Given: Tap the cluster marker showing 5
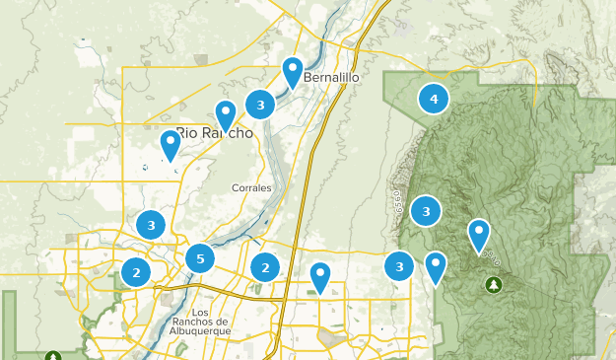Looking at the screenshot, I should [200, 259].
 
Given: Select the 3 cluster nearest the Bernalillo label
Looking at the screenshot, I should [260, 104].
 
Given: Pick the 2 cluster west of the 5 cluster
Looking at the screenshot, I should [136, 272].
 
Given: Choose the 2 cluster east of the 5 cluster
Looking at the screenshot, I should [264, 267].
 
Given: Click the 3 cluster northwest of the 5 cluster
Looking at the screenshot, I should [151, 225].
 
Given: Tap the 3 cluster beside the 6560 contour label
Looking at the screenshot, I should [426, 210].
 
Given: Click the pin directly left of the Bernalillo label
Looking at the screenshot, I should [293, 72].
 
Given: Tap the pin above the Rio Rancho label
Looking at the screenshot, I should [226, 114].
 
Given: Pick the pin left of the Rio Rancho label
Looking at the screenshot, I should [171, 145].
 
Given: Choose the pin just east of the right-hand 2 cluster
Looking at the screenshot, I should [320, 277].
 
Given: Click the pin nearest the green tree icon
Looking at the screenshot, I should [479, 235].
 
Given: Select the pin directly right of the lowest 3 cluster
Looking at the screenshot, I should [436, 267].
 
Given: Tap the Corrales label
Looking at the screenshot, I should [250, 187].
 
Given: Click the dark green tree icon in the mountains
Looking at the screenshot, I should [493, 284].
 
